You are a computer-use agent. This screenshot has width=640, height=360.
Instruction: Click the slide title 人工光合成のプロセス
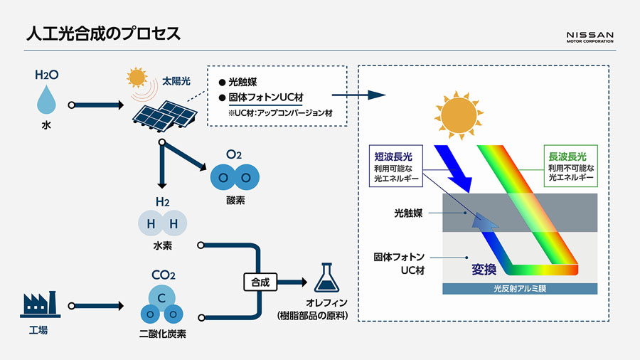click(103, 33)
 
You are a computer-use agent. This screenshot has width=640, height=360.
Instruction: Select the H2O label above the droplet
click(46, 74)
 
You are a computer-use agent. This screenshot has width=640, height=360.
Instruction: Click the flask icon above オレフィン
click(326, 279)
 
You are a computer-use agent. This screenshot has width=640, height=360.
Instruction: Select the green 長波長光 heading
click(568, 155)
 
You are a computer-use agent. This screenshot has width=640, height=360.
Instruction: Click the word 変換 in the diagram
click(483, 269)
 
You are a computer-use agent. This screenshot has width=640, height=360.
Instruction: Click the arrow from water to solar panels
click(95, 105)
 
